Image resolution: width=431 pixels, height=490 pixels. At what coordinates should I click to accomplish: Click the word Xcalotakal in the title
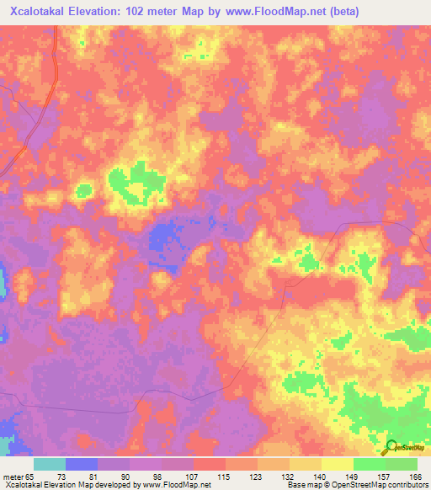(x=40, y=12)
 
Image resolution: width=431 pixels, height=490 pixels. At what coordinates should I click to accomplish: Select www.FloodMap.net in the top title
(x=274, y=12)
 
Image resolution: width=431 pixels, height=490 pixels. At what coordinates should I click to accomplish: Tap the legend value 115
(x=226, y=477)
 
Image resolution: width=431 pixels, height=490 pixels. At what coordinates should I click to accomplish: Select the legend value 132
(x=289, y=477)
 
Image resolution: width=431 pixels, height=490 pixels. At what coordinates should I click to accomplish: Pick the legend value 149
(x=353, y=477)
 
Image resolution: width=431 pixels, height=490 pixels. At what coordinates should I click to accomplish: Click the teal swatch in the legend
(x=50, y=464)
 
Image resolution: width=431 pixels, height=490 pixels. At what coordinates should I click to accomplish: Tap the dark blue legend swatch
(x=82, y=464)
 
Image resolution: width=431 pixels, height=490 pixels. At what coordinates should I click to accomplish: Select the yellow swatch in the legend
(x=338, y=464)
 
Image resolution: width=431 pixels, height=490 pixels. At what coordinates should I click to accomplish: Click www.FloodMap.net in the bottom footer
(x=176, y=486)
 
